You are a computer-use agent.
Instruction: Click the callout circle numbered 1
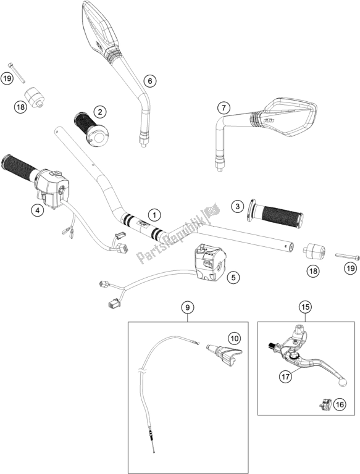pyautogui.click(x=154, y=214)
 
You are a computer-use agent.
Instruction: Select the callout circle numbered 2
pyautogui.click(x=100, y=112)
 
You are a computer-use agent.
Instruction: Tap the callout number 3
pyautogui.click(x=237, y=206)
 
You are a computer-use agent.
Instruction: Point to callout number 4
pyautogui.click(x=38, y=210)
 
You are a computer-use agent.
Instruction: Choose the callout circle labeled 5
pyautogui.click(x=232, y=278)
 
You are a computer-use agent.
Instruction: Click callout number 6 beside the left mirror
pyautogui.click(x=149, y=80)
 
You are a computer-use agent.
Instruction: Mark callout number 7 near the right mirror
pyautogui.click(x=223, y=109)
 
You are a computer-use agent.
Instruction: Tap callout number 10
pyautogui.click(x=235, y=338)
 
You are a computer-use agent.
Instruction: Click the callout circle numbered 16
pyautogui.click(x=339, y=404)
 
